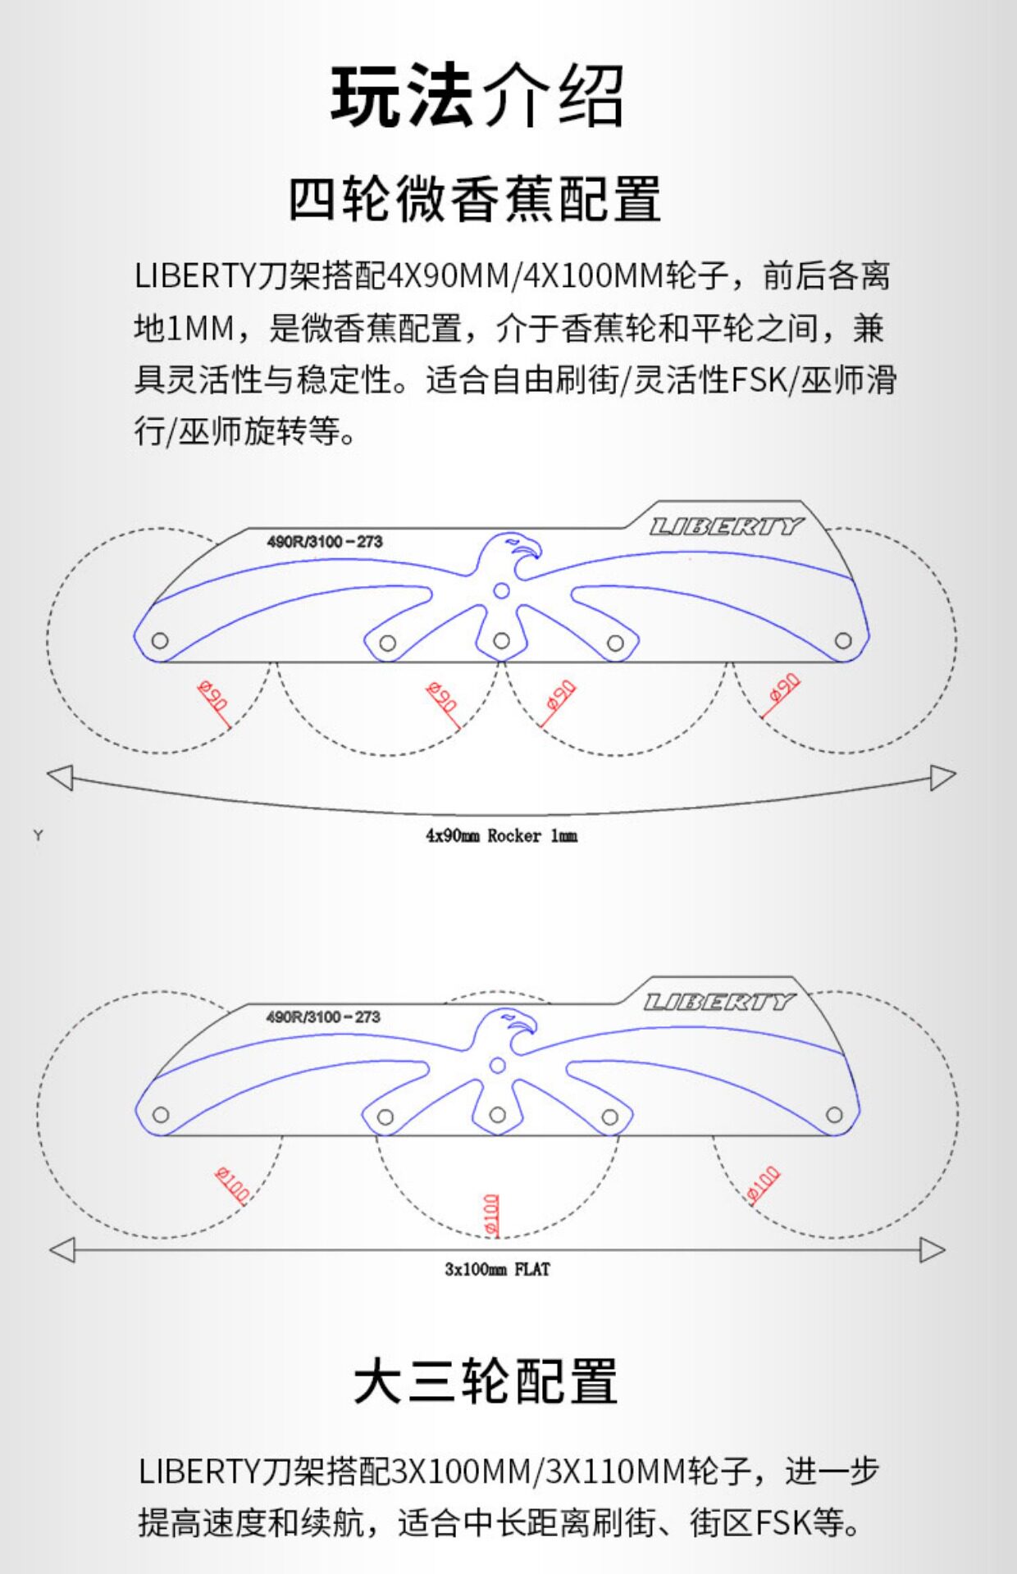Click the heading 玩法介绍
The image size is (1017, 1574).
(477, 96)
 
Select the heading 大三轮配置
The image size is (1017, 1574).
(485, 1381)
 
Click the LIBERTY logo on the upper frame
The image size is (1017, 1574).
(727, 526)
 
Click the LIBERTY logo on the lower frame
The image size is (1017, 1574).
(719, 1002)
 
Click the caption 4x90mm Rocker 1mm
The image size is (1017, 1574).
(501, 836)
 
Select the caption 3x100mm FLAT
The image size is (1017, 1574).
(497, 1270)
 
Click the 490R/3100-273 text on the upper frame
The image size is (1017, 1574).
(325, 542)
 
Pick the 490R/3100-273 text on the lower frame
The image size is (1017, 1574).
(323, 1017)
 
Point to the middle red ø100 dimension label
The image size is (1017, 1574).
(491, 1214)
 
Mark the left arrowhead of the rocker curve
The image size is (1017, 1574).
(61, 776)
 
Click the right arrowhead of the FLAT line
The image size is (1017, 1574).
(933, 1250)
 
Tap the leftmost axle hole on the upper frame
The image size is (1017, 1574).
(160, 641)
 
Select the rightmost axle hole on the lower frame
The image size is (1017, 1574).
(834, 1115)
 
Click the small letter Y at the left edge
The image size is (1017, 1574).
(38, 835)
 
